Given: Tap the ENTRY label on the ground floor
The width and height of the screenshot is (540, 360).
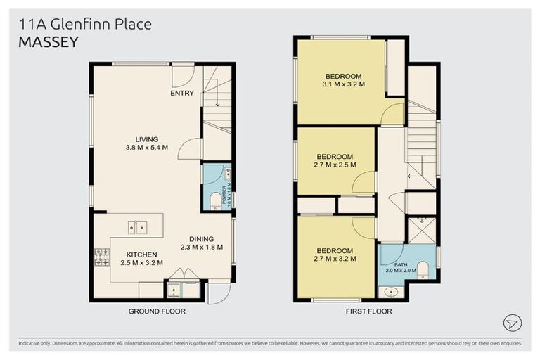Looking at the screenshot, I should (181, 93).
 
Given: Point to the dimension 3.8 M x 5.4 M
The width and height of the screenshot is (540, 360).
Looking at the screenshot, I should (147, 148).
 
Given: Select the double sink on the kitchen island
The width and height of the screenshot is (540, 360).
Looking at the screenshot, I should (137, 227).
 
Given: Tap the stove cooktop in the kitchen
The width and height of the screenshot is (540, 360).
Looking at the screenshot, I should (101, 258).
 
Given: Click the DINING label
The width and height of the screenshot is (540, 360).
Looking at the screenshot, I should (200, 238).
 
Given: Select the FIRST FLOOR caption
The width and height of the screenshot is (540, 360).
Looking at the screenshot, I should (368, 310).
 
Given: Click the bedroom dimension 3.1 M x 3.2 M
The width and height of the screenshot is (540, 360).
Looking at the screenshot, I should (344, 84).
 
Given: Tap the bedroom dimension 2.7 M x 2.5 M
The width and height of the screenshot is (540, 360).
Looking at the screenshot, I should (335, 165).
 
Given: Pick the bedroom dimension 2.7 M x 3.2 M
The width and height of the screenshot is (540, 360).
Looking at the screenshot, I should (335, 259).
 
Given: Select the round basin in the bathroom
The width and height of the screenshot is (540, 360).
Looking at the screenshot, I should (391, 291).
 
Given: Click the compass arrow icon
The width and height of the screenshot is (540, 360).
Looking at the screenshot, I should (513, 323).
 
